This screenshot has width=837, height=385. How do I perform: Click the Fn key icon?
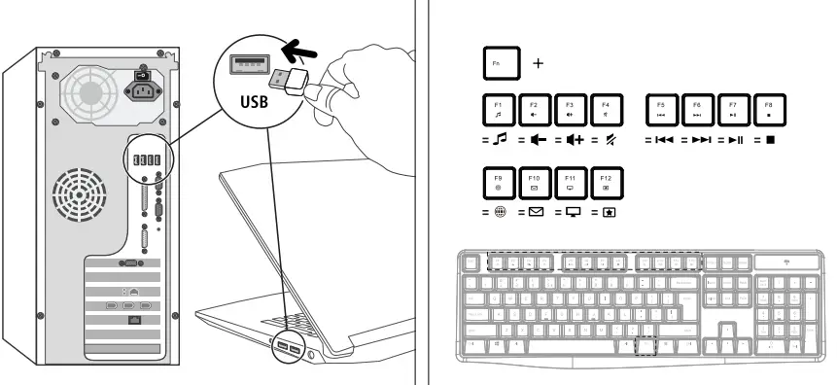tap(499, 63)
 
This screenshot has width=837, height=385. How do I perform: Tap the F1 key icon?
tap(499, 108)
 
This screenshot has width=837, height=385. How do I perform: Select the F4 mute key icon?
tap(606, 108)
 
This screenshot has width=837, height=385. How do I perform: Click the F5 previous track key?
tap(661, 108)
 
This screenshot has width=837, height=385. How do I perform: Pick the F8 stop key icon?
tap(769, 108)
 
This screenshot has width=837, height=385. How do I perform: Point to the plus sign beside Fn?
tap(539, 64)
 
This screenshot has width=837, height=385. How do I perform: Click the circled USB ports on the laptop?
tap(287, 348)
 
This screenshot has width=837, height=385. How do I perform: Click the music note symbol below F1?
tap(501, 140)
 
